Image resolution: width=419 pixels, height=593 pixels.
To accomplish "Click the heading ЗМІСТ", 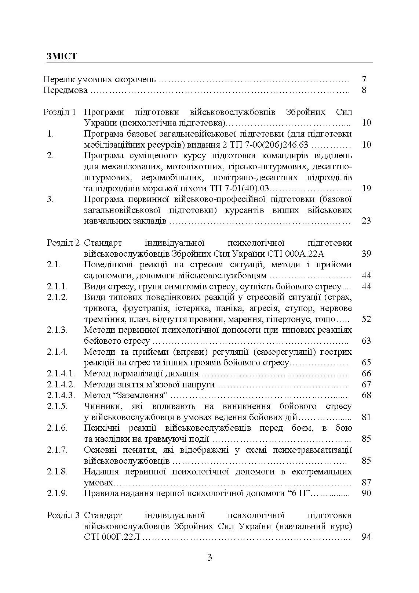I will click(x=62, y=56).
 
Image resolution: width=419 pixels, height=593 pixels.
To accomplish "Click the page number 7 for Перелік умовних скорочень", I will click(x=364, y=79).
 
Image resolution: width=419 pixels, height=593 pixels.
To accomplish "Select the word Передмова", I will click(x=65, y=90).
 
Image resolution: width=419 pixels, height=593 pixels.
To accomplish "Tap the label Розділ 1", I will click(x=59, y=112).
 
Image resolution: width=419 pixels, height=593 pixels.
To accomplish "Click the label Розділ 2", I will click(x=63, y=243).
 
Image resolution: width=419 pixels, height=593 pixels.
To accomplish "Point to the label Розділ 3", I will click(x=63, y=515).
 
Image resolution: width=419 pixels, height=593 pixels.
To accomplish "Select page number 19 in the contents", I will click(x=366, y=188).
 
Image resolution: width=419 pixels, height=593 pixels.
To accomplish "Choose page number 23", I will click(x=366, y=221).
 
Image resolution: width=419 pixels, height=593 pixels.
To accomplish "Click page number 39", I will click(x=366, y=253).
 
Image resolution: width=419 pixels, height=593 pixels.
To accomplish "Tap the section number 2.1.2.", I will click(x=57, y=297).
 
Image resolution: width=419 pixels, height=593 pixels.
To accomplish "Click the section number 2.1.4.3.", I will click(x=61, y=395).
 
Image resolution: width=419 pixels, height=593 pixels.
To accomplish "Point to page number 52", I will click(x=366, y=319).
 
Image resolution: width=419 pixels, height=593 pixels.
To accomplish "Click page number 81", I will click(x=366, y=417).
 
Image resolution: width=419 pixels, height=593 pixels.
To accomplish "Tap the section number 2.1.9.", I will click(x=57, y=493).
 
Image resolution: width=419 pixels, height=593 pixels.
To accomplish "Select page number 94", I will click(x=366, y=537).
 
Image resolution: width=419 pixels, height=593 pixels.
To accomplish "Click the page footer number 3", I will click(x=210, y=558).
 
